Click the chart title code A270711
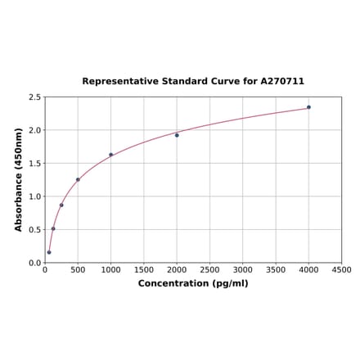(x=282, y=82)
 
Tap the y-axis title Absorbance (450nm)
(x=19, y=179)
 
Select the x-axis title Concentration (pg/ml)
(x=193, y=283)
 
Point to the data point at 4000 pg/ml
(x=308, y=107)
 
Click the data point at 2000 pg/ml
(x=177, y=135)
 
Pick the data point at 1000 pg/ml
(x=111, y=155)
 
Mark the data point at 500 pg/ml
(x=78, y=179)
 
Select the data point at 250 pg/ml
(x=61, y=205)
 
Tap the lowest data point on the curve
(x=49, y=252)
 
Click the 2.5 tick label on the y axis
(x=34, y=97)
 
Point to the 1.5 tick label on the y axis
(x=34, y=164)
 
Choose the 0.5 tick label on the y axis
(x=34, y=230)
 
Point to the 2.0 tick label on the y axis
(x=34, y=131)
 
